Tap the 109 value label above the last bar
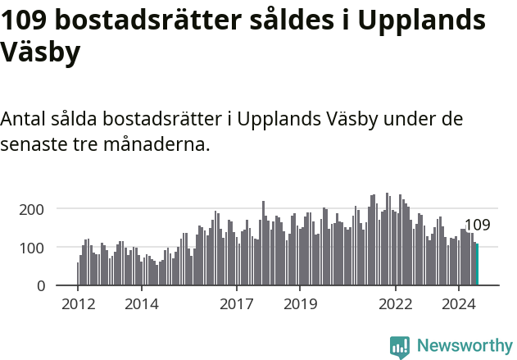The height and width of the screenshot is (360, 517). point(477,225)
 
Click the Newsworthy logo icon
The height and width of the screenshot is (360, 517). point(399,347)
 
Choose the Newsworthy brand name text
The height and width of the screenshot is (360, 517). point(464,347)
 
